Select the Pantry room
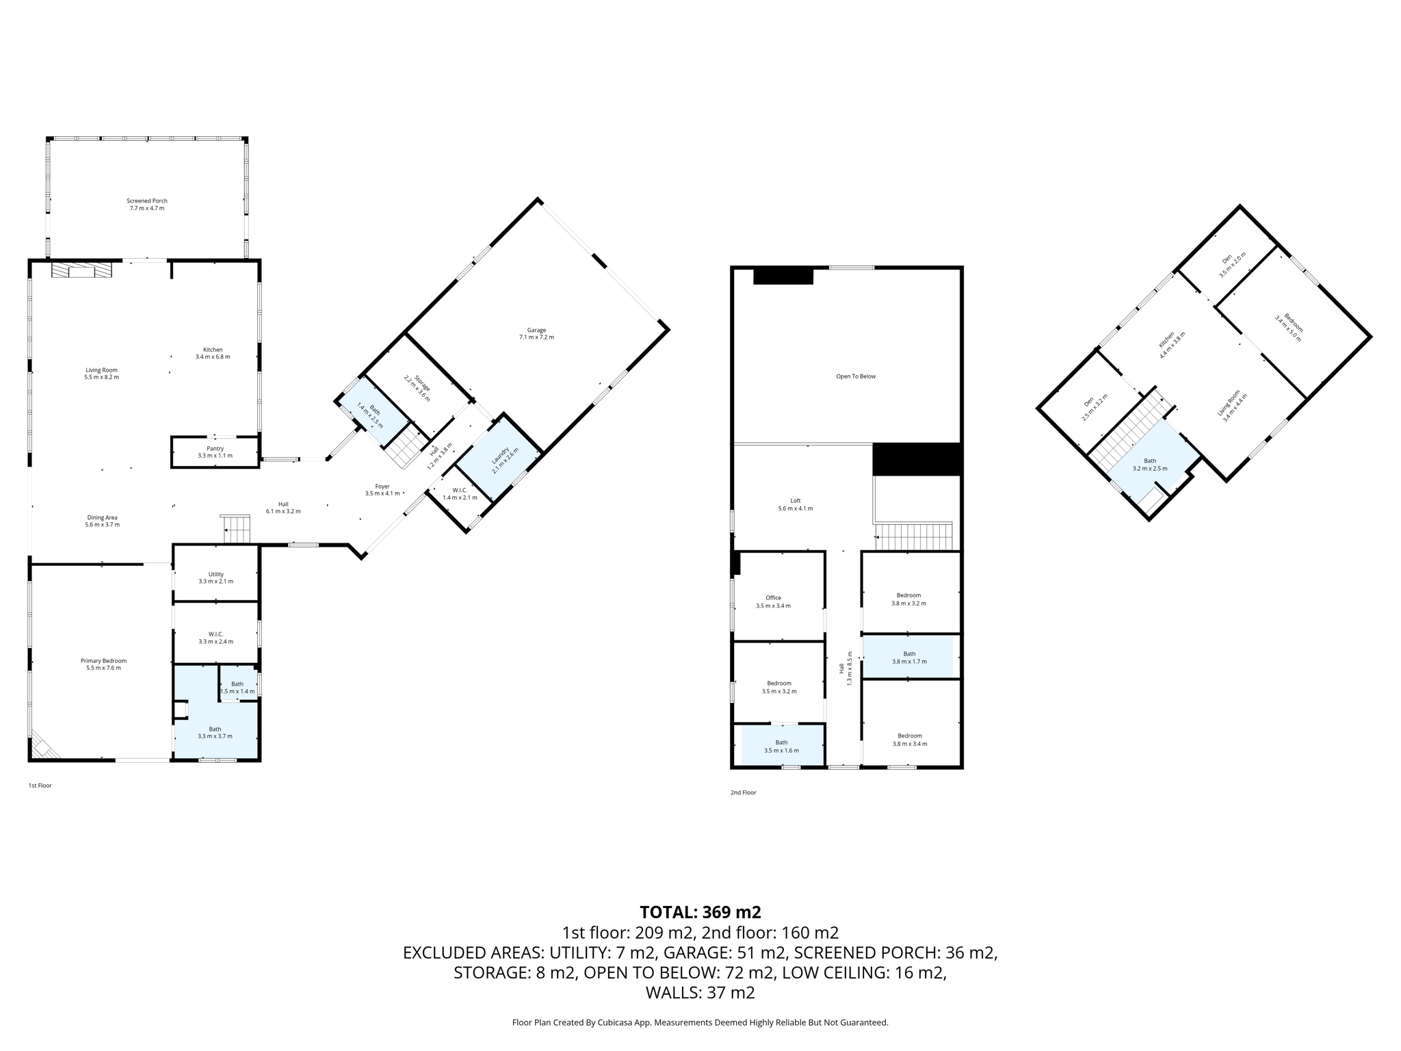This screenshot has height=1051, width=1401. coord(215,452)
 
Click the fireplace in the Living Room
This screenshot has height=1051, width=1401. coord(81,272)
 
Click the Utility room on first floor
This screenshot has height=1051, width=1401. coord(215,578)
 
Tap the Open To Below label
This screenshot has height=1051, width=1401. coord(855,376)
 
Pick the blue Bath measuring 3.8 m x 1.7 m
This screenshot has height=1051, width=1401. coord(908,658)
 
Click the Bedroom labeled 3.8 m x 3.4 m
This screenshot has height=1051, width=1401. coord(910,739)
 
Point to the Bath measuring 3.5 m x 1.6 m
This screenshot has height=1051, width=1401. coord(781,746)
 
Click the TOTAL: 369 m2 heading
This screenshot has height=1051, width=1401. coord(700,912)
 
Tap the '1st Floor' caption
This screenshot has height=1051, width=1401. coord(40,786)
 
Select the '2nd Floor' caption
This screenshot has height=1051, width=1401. coord(743,792)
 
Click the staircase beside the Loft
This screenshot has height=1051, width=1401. coord(914,536)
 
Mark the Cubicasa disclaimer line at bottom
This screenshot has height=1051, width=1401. coord(700,1022)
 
